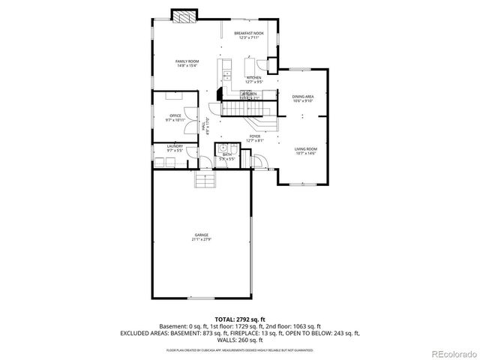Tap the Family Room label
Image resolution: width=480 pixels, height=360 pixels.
point(187,63)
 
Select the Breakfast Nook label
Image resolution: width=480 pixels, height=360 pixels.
point(248,35)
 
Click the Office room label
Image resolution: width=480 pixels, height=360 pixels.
point(175,117)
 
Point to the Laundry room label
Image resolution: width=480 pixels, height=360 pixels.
point(175,148)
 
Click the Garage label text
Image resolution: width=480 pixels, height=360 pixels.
point(202,236)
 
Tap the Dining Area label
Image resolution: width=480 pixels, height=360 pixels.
point(303,98)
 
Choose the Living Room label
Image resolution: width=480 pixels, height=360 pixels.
point(305,151)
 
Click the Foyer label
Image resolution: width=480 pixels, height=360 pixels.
point(255,138)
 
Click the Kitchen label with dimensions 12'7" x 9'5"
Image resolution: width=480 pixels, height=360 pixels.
point(254,79)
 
